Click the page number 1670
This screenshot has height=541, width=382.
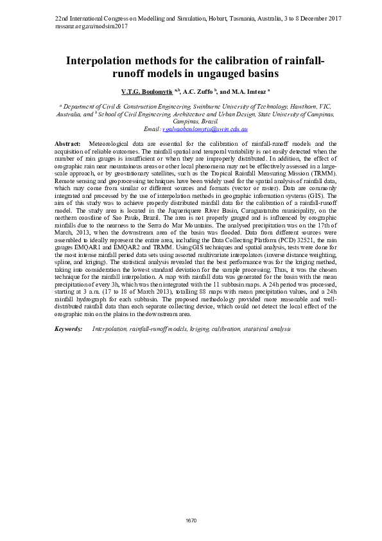pos(191,520)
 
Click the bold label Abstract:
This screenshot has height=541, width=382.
pos(68,143)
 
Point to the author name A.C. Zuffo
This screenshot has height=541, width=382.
pos(198,92)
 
